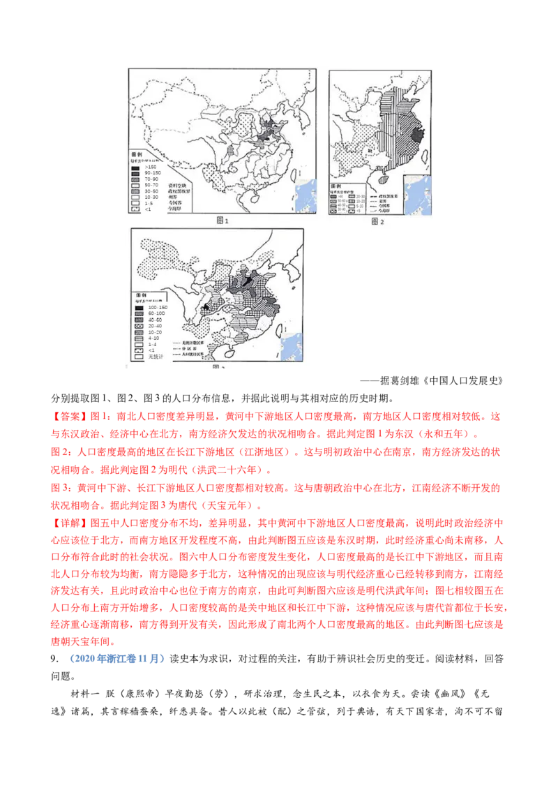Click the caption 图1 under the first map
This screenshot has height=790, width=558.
[x=223, y=221]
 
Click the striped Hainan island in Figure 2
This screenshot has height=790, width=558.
[x=380, y=179]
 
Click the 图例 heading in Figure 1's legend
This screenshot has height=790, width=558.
[x=138, y=152]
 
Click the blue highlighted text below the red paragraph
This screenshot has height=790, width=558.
[x=116, y=658]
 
